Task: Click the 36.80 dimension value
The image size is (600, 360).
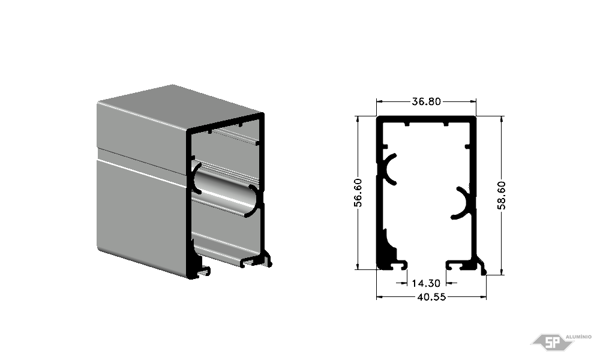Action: pyautogui.click(x=426, y=101)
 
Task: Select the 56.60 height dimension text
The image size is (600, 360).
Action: pyautogui.click(x=358, y=193)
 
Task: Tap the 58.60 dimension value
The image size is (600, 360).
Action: pyautogui.click(x=501, y=196)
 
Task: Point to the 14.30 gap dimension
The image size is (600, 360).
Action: pyautogui.click(x=426, y=283)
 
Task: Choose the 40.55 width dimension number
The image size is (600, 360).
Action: pyautogui.click(x=431, y=297)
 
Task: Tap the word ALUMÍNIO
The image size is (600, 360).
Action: pyautogui.click(x=578, y=337)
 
